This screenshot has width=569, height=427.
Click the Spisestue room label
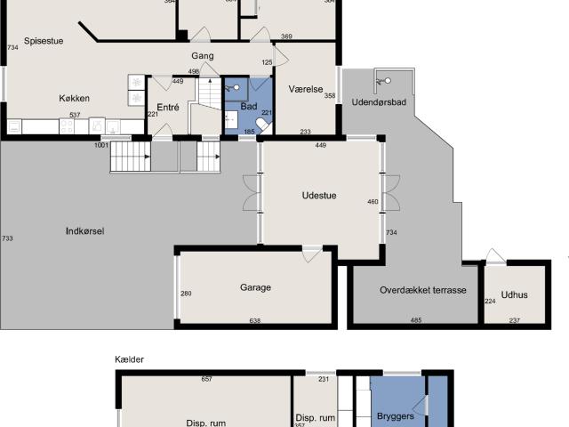tap(42, 40)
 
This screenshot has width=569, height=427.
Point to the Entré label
tap(168, 108)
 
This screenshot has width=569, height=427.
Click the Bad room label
tap(249, 107)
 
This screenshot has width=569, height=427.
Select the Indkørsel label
tap(85, 231)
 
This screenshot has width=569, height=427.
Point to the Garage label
tap(255, 287)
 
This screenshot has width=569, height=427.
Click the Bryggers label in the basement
tap(396, 415)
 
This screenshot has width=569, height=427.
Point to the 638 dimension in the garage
tap(255, 321)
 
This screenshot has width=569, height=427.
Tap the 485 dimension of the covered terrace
tap(415, 321)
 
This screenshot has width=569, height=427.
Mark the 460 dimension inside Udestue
tap(373, 203)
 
